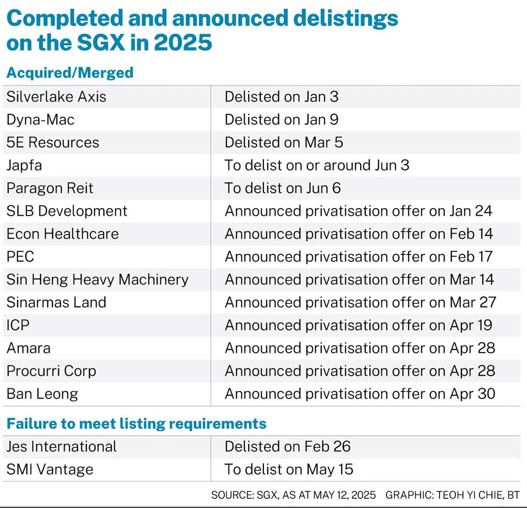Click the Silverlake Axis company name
tap(56, 97)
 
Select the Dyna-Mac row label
tap(40, 120)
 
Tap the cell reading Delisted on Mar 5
tap(284, 142)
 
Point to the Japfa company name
tap(24, 166)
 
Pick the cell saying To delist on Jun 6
tap(282, 188)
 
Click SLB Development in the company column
tap(67, 211)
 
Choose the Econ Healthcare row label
tap(62, 234)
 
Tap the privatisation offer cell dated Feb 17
tap(359, 257)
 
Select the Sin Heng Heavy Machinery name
tap(98, 280)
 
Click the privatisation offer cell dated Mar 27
tap(360, 303)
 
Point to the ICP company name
tap(18, 326)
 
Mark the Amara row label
tap(29, 348)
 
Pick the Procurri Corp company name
tap(51, 372)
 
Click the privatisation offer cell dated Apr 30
tap(360, 394)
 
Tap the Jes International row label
tap(61, 447)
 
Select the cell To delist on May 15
tap(289, 470)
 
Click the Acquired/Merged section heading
tap(70, 73)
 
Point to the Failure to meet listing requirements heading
tap(136, 423)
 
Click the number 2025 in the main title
tap(183, 43)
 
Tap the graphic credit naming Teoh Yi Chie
tap(453, 495)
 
